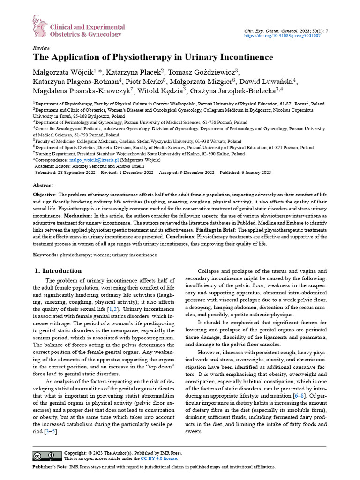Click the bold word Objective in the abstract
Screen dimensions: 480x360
point(44,194)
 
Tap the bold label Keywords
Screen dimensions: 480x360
point(45,255)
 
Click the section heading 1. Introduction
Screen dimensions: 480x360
point(59,271)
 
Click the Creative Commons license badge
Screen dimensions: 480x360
point(47,456)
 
